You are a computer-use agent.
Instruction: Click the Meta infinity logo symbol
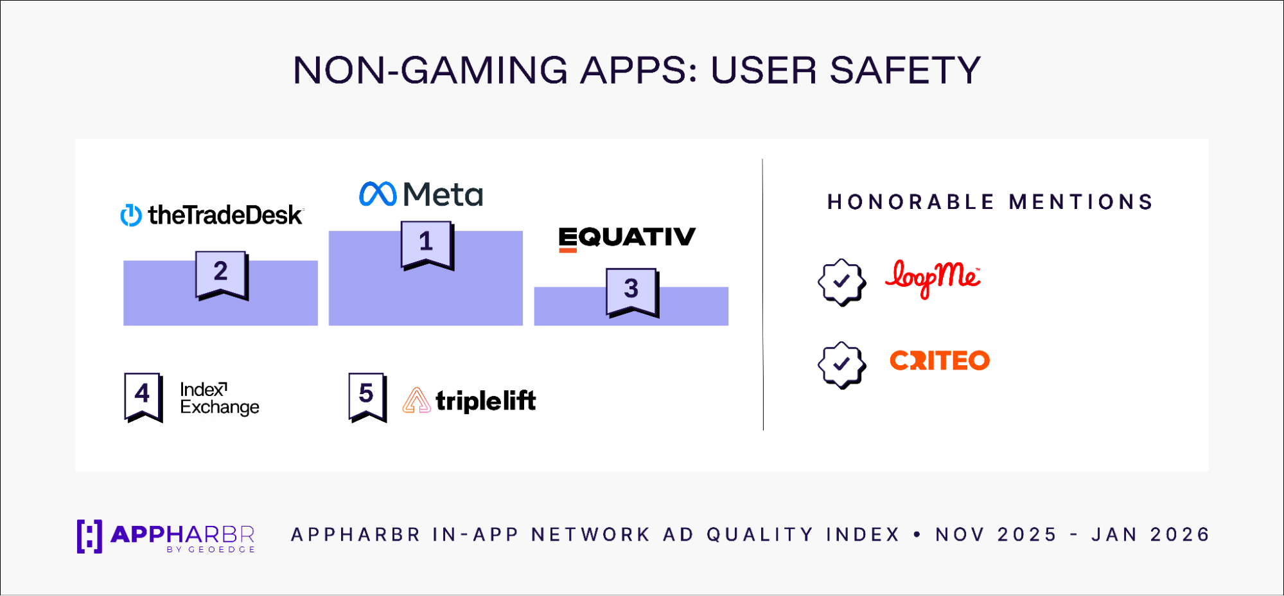point(378,194)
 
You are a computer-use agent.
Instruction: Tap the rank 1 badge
point(427,245)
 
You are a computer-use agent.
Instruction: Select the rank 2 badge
point(222,275)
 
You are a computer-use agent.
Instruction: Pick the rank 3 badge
point(633,293)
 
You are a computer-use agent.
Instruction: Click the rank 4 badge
point(143,397)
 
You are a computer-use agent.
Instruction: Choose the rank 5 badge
point(367,397)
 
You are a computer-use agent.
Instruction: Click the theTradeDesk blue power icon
point(131,215)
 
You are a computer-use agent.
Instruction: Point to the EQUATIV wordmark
point(627,239)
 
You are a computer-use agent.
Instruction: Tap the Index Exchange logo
point(220,399)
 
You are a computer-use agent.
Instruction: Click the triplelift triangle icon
point(416,401)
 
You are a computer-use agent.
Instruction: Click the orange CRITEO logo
point(940,361)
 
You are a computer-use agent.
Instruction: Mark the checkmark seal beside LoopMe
point(841,282)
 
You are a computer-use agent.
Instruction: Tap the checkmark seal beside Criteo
point(841,365)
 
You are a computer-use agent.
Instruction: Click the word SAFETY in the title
point(905,70)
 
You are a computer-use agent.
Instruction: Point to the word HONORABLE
point(911,202)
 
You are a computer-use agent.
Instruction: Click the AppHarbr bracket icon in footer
point(89,536)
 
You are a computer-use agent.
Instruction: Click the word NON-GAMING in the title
point(430,70)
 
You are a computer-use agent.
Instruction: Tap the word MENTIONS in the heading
point(1081,202)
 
